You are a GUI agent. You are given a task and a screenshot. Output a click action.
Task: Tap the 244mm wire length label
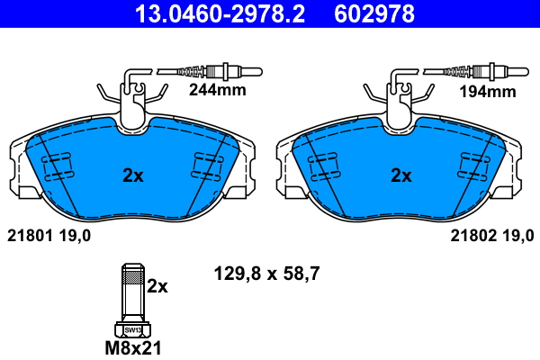click(216, 91)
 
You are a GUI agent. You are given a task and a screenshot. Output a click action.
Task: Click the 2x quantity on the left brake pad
click(132, 175)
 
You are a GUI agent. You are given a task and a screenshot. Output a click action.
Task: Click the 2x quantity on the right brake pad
click(400, 175)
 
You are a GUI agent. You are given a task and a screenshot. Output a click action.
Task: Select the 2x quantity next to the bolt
click(157, 286)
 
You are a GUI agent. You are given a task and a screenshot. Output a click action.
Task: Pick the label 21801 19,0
click(49, 236)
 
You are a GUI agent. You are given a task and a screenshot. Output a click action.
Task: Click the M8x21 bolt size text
click(132, 346)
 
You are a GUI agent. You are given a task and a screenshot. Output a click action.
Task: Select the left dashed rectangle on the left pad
click(57, 166)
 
